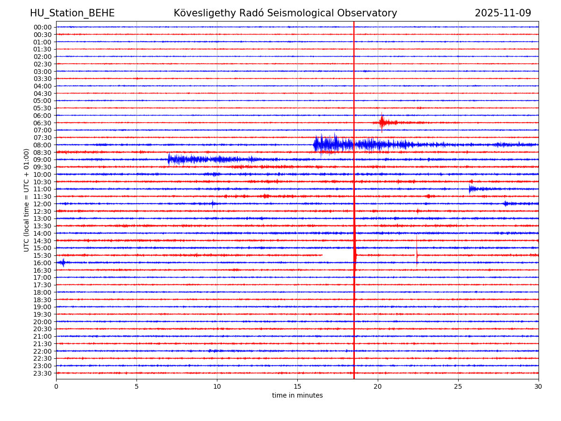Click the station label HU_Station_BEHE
(x=72, y=13)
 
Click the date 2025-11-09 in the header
(x=503, y=13)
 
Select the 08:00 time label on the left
(x=43, y=145)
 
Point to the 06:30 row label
(x=43, y=123)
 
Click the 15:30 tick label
(x=43, y=255)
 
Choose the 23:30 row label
(x=43, y=373)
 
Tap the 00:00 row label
(x=43, y=27)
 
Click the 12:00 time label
(x=43, y=204)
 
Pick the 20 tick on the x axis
(x=378, y=386)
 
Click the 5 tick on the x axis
(x=137, y=386)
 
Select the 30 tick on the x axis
(x=539, y=386)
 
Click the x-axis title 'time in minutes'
(x=297, y=395)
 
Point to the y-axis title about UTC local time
(x=27, y=200)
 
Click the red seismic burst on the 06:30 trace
(x=383, y=123)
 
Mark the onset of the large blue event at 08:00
(x=315, y=145)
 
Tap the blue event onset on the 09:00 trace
(x=169, y=159)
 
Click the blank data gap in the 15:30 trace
(x=338, y=255)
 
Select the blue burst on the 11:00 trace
(x=471, y=189)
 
